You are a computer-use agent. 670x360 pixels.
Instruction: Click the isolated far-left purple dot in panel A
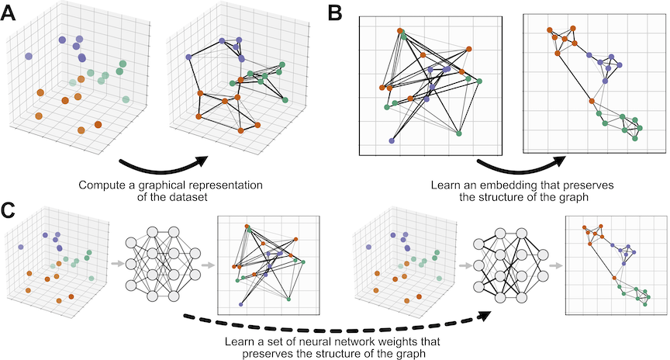[29, 56]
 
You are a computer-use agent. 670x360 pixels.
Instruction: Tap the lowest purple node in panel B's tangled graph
[391, 141]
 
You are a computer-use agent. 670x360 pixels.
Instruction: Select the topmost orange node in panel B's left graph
[401, 31]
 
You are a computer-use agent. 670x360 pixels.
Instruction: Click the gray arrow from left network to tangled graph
[206, 265]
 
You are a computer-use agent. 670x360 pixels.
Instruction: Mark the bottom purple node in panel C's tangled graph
[240, 304]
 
